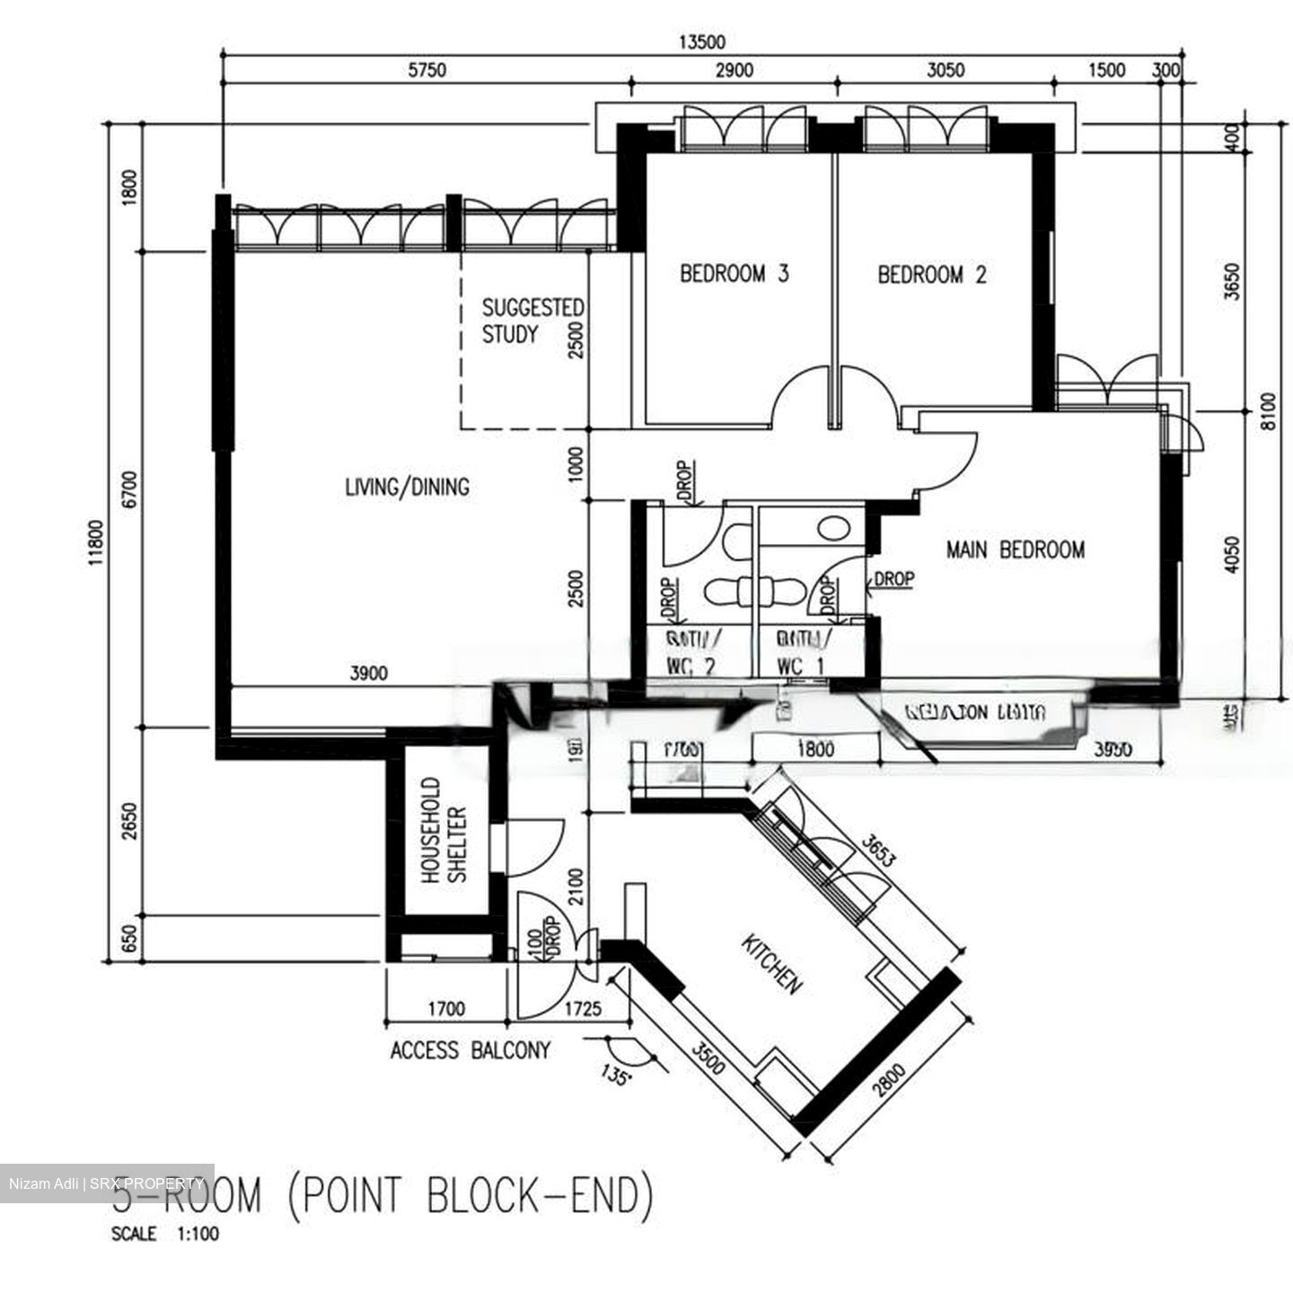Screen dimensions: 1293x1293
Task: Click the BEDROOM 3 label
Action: click(x=734, y=273)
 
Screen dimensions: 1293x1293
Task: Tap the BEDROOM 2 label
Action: click(x=931, y=274)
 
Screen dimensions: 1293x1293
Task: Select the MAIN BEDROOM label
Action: click(x=1015, y=549)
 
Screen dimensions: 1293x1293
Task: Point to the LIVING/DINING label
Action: click(x=407, y=487)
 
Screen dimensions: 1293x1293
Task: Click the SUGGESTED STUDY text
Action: click(x=532, y=321)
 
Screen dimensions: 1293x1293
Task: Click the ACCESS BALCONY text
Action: click(x=470, y=1050)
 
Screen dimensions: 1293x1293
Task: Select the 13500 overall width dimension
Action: click(x=701, y=41)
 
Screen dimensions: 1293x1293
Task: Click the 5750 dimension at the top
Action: click(x=427, y=71)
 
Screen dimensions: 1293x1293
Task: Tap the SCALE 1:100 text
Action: click(x=164, y=1234)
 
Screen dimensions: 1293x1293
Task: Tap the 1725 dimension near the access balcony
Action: click(x=582, y=1009)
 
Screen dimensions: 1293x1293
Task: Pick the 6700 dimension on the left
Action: click(x=132, y=489)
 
